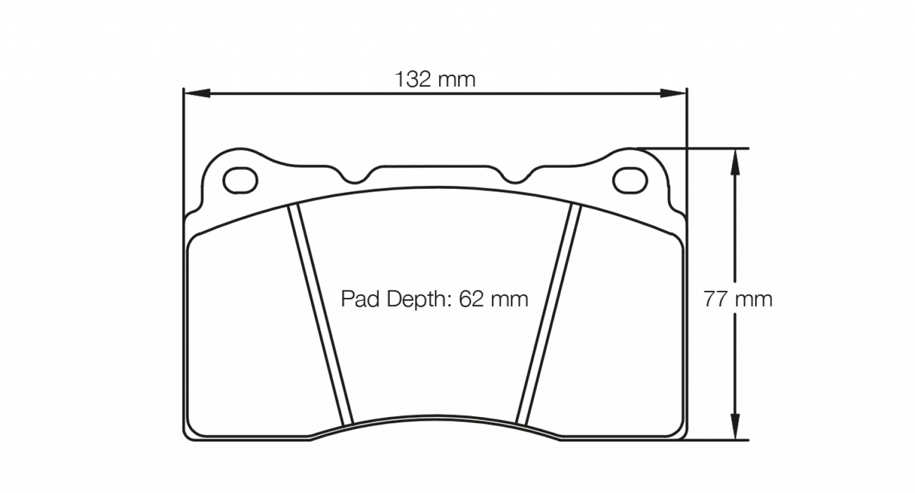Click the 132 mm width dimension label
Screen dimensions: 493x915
click(x=434, y=79)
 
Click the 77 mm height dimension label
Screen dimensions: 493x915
click(x=738, y=299)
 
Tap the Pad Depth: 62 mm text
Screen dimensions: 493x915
click(x=434, y=298)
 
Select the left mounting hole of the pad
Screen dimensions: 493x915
click(x=241, y=180)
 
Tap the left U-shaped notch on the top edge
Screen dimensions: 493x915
click(x=356, y=177)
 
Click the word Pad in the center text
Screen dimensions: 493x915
click(x=360, y=298)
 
